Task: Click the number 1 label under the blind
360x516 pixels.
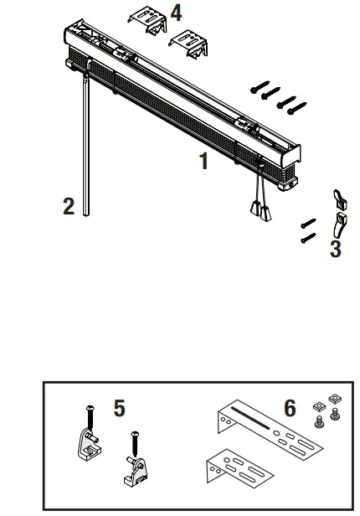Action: coord(203,162)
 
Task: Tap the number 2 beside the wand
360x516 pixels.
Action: coord(69,205)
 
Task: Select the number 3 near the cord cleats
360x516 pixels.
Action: coord(335,248)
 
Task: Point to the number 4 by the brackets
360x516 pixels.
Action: coord(176,13)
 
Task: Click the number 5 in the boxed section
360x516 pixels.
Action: coord(120,408)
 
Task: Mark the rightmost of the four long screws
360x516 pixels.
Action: coord(296,106)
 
